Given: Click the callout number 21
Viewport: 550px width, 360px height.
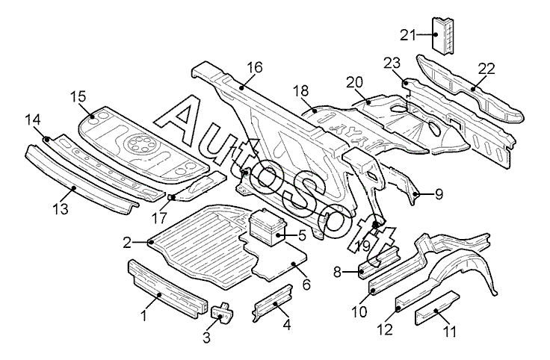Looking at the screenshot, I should (407, 34).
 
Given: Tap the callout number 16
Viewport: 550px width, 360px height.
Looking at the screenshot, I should (255, 67).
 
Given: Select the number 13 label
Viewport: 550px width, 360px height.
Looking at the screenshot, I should (62, 211).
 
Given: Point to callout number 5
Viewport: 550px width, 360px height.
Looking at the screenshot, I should (302, 235).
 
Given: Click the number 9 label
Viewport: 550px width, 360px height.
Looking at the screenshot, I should (439, 193).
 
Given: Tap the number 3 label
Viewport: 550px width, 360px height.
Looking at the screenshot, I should (207, 338).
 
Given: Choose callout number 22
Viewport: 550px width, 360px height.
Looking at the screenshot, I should (486, 69).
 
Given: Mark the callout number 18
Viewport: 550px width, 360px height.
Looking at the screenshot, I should (300, 91).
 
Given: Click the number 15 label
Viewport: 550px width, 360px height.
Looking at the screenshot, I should (78, 96).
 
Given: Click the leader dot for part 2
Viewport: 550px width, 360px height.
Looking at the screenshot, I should (152, 242).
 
